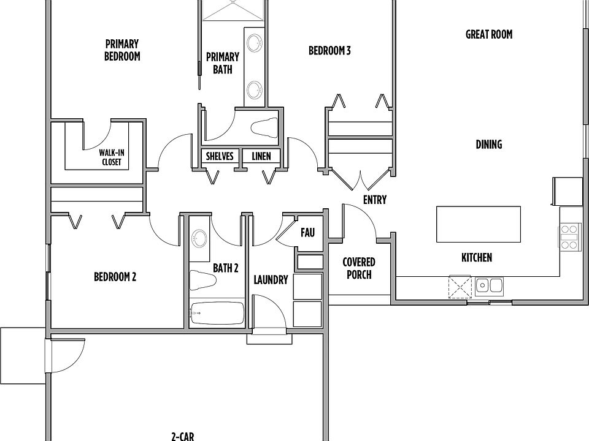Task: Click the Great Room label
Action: (x=489, y=34)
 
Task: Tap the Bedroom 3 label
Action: (x=329, y=51)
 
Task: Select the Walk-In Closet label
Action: (x=112, y=157)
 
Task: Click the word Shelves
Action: (x=220, y=156)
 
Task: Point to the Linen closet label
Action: (x=261, y=156)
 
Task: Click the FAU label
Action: (x=307, y=233)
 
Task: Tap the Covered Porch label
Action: (x=359, y=268)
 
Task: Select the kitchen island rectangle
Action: (x=478, y=224)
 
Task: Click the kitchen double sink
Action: (x=489, y=287)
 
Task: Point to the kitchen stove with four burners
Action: (x=569, y=236)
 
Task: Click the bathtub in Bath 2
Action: (x=217, y=313)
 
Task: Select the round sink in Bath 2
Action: (x=199, y=238)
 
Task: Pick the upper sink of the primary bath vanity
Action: (x=254, y=42)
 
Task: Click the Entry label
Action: (x=374, y=200)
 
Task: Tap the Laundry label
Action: (x=271, y=280)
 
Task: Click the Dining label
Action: (x=489, y=145)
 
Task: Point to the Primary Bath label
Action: (x=222, y=63)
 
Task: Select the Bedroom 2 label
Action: (x=115, y=277)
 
